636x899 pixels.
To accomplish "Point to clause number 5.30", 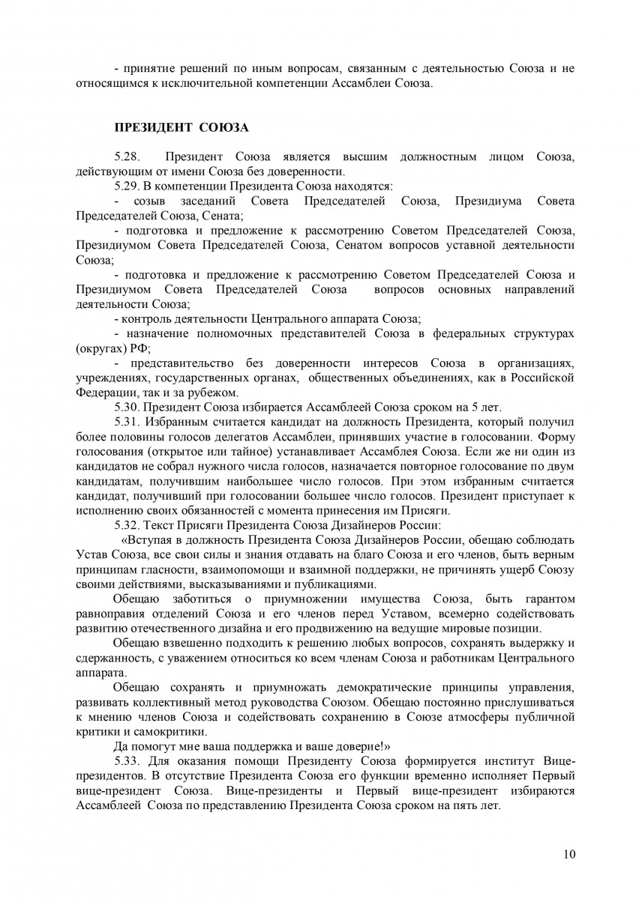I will tap(127, 407).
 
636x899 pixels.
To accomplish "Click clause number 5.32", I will tap(127, 524).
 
